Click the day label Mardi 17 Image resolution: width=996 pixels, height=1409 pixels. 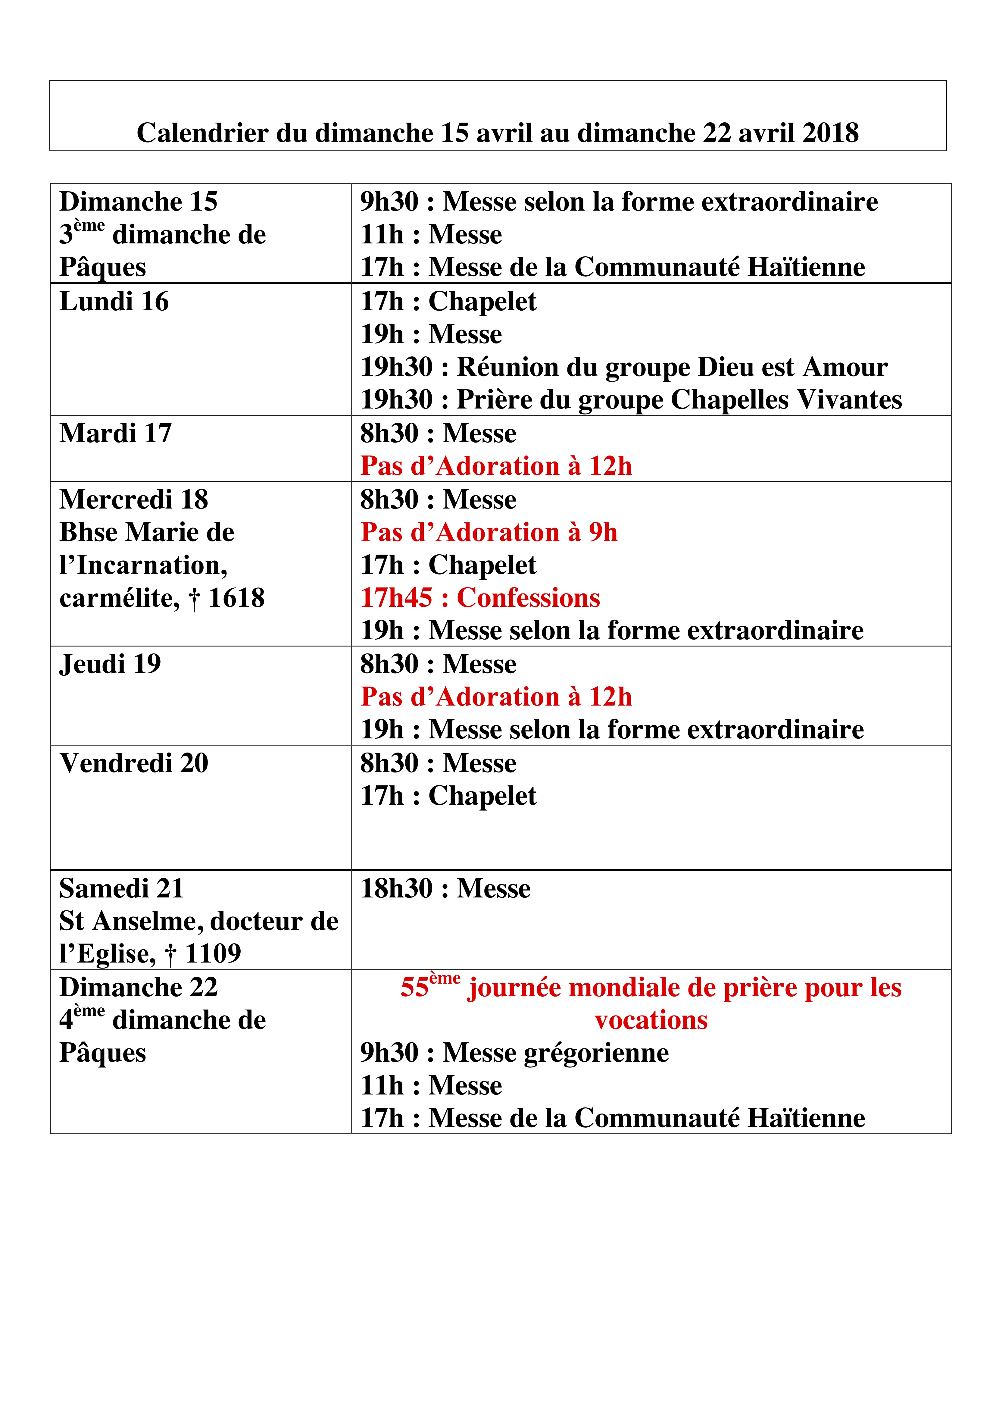pos(115,433)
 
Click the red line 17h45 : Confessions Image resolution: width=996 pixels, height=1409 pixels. pos(480,598)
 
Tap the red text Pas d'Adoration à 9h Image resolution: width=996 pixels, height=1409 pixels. pos(489,532)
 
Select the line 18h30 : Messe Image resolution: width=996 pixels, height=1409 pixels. pos(445,889)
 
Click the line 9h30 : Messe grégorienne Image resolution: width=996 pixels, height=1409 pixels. pos(514,1052)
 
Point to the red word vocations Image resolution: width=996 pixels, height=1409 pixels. pos(651,1020)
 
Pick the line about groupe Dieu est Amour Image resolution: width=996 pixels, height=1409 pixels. pos(623,367)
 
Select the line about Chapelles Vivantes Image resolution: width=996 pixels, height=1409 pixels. pos(631,399)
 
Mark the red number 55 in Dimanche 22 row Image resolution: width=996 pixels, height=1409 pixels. pos(414,988)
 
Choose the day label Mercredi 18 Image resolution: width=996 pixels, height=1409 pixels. pos(134,499)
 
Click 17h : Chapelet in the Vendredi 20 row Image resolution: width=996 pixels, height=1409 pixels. pos(448,796)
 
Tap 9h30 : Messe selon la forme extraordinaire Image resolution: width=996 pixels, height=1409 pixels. pos(619,202)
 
